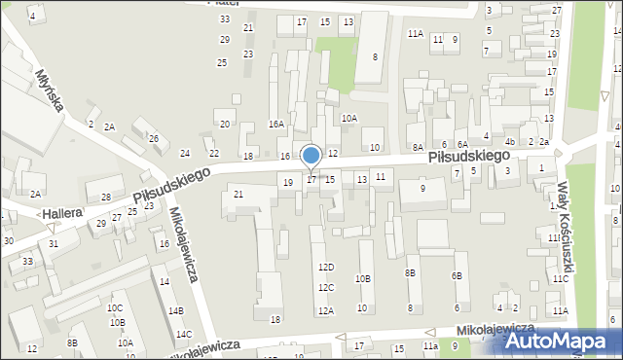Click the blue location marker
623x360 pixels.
[311, 156]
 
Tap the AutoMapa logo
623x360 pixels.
[556, 341]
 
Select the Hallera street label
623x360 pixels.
[60, 212]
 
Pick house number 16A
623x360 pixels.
[276, 124]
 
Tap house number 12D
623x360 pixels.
[326, 267]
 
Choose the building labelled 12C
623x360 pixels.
[326, 287]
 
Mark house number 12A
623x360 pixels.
[326, 310]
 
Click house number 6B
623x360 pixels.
[457, 275]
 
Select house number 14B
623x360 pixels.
[175, 310]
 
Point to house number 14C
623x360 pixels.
[183, 335]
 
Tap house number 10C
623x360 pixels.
[115, 307]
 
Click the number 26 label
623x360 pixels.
[154, 138]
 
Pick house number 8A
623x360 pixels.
[418, 146]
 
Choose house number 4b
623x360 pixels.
[509, 142]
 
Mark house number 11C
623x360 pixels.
[561, 278]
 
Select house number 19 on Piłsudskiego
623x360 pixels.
[287, 182]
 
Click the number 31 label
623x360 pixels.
[54, 243]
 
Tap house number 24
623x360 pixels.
[185, 154]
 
